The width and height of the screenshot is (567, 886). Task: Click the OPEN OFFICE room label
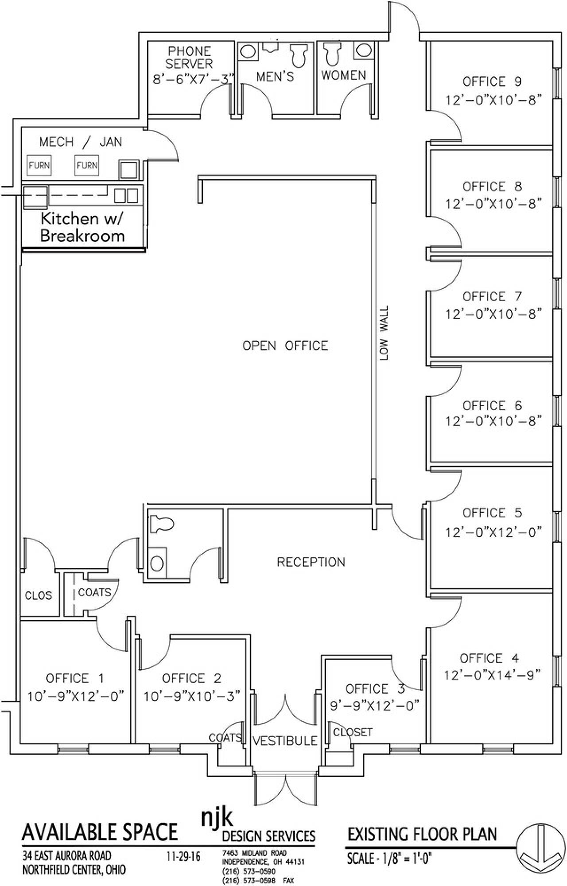(x=285, y=346)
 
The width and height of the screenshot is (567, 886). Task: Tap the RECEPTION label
(x=311, y=562)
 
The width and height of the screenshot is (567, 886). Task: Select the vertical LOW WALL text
(x=384, y=333)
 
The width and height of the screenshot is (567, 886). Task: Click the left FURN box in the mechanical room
(x=39, y=166)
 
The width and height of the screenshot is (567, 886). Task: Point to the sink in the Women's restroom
(x=364, y=51)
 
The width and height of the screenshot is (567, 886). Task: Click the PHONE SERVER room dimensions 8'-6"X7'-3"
(x=193, y=80)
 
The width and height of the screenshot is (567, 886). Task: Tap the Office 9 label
(x=492, y=82)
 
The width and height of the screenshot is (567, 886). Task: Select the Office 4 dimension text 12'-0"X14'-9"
(x=492, y=675)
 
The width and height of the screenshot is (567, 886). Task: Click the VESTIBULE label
(x=285, y=740)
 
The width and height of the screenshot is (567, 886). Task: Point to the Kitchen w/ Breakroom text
(x=82, y=227)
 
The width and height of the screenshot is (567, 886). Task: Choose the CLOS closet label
(x=38, y=595)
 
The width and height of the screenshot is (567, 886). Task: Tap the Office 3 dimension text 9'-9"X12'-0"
(x=375, y=705)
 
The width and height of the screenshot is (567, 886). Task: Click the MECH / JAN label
(x=81, y=142)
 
